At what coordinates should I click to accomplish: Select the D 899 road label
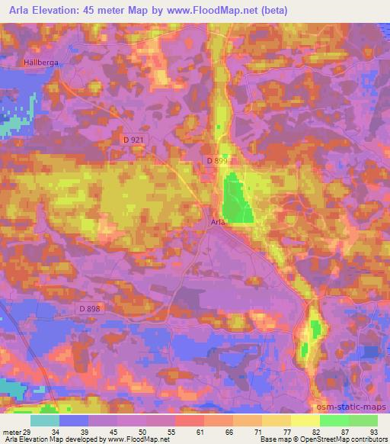pyautogui.click(x=217, y=161)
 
